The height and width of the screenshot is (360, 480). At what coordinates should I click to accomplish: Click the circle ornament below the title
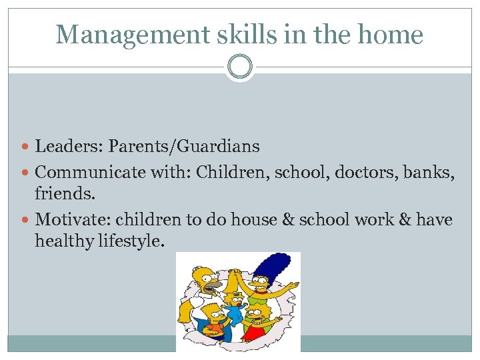[x=239, y=67]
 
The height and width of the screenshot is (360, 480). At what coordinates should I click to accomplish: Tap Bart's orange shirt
[x=215, y=328]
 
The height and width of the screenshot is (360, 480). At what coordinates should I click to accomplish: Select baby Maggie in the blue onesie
[x=235, y=312]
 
